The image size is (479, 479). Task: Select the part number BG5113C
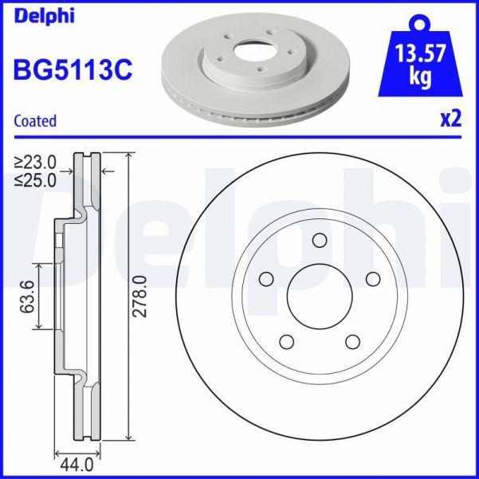click(x=73, y=69)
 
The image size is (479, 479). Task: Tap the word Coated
click(x=36, y=121)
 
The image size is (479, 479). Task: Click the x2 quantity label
click(x=450, y=120)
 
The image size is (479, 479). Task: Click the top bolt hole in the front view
click(x=319, y=241)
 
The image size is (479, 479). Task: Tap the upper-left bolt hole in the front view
click(x=266, y=279)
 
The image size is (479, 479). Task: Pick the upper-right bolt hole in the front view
click(x=371, y=278)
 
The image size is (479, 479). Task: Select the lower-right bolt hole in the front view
click(x=351, y=340)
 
